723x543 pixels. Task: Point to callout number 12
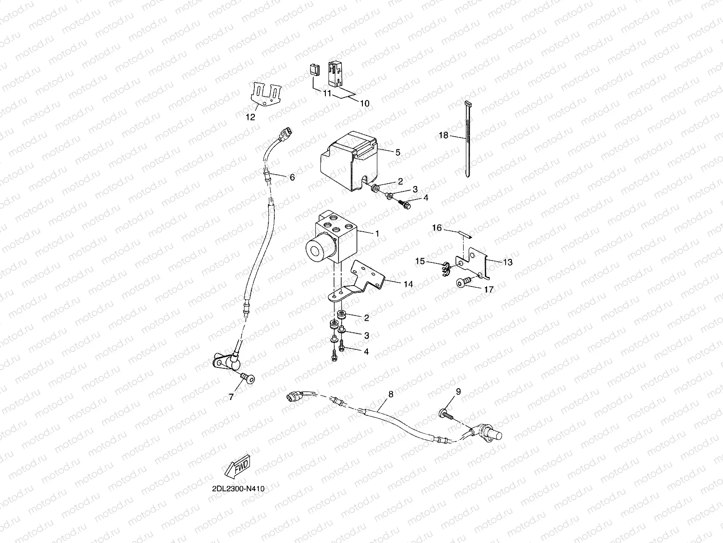pyautogui.click(x=250, y=117)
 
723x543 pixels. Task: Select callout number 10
pyautogui.click(x=364, y=103)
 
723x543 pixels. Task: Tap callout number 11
pyautogui.click(x=327, y=94)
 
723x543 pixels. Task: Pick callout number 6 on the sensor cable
pyautogui.click(x=292, y=177)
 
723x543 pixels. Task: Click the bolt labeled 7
pyautogui.click(x=248, y=377)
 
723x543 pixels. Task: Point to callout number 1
pyautogui.click(x=377, y=233)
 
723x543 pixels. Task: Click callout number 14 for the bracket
pyautogui.click(x=408, y=284)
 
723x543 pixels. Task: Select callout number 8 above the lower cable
pyautogui.click(x=390, y=394)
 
